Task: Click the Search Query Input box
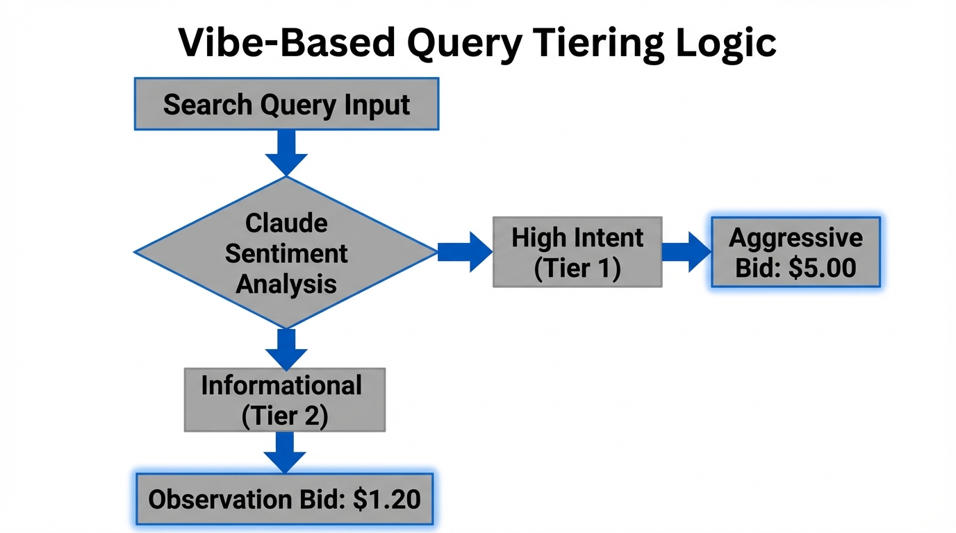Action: (x=286, y=104)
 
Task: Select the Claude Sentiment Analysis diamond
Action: (x=286, y=253)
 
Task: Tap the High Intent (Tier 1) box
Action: (x=577, y=252)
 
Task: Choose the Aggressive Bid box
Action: (x=796, y=252)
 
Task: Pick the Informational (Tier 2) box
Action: (x=284, y=400)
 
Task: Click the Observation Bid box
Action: (x=284, y=499)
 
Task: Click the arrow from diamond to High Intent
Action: (x=465, y=252)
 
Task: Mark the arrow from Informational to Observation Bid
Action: (x=284, y=452)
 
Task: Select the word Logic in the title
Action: (x=732, y=43)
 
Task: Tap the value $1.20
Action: (x=386, y=500)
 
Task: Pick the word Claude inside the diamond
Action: (x=286, y=223)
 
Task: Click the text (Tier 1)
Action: (x=577, y=268)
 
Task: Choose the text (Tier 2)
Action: (x=284, y=416)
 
